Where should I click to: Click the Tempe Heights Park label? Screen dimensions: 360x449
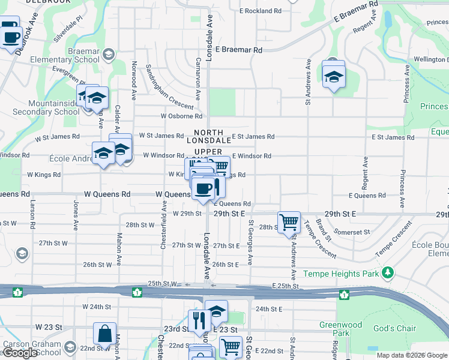pos(342,274)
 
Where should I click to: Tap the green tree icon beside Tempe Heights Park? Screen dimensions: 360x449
pos(388,273)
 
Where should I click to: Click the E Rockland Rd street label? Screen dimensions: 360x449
pos(260,11)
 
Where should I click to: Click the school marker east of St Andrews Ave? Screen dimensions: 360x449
pos(333,77)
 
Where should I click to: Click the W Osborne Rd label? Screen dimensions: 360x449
pos(181,116)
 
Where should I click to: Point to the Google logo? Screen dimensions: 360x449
pos(20,353)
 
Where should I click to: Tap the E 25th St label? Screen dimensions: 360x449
pos(285,286)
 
